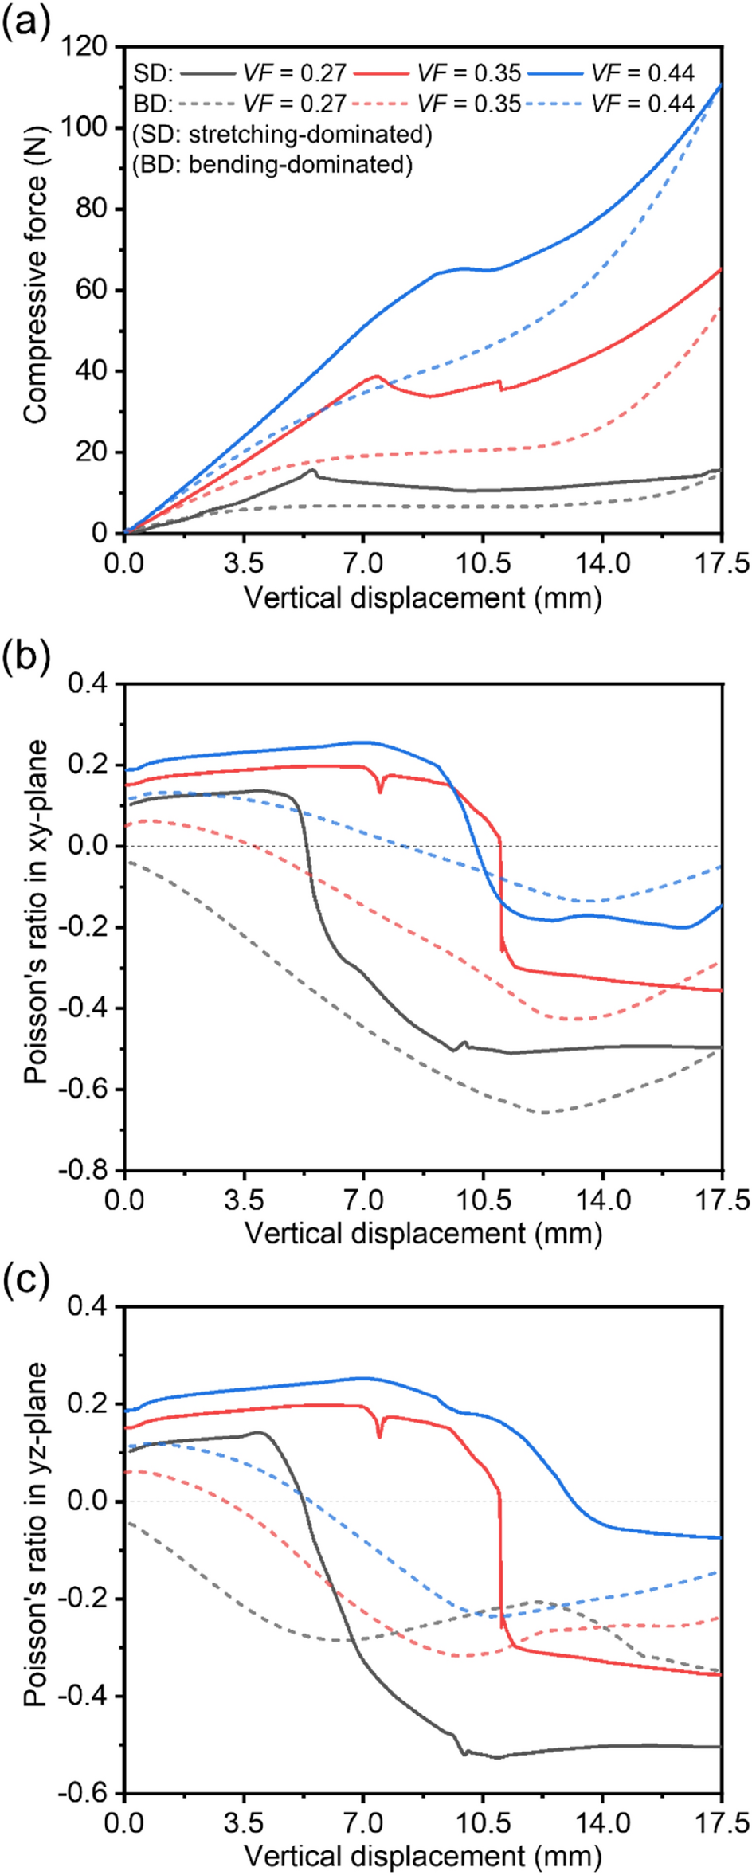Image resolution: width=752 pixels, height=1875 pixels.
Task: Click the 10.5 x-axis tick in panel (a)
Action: pos(483,564)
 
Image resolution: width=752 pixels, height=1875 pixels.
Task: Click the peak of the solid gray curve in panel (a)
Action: pos(312,471)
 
